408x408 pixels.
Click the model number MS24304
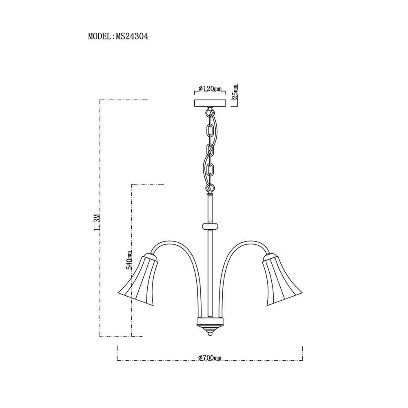pyautogui.click(x=132, y=36)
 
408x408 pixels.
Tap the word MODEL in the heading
pyautogui.click(x=100, y=36)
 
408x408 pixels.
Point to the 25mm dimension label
pyautogui.click(x=235, y=92)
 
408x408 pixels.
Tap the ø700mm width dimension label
pyautogui.click(x=210, y=358)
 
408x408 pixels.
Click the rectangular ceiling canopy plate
pyautogui.click(x=210, y=103)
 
